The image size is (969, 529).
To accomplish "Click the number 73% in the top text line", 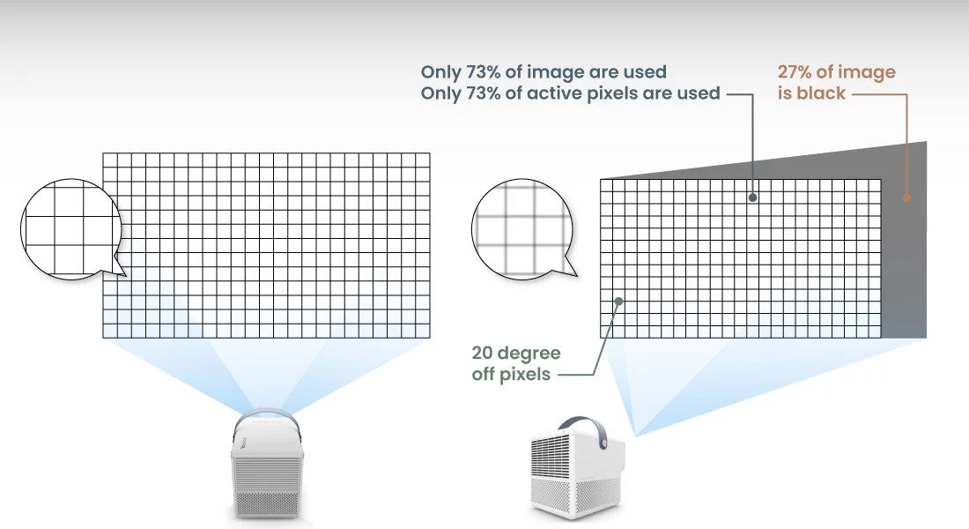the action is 483,71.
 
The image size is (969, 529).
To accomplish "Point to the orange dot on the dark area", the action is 906,197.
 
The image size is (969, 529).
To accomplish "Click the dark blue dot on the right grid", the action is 752,197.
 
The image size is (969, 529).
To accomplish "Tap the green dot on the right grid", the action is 618,302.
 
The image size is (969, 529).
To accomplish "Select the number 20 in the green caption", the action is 482,353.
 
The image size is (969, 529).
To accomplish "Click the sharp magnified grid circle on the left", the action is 71,229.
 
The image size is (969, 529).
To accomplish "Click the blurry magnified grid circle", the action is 522,229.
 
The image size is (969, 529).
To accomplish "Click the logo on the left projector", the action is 243,444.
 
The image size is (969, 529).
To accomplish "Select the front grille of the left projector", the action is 267,488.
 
